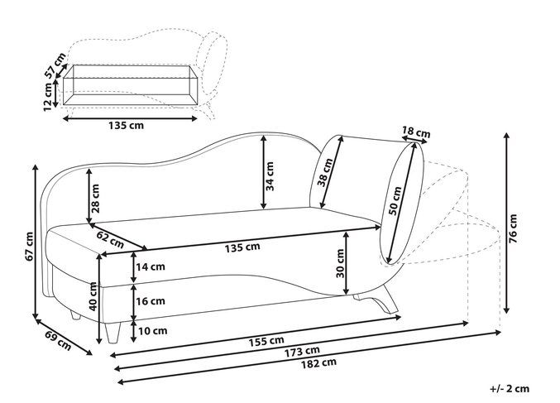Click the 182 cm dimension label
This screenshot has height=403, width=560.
coord(318,363)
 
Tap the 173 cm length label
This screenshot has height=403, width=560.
coord(302,352)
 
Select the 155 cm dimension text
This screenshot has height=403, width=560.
coord(266,341)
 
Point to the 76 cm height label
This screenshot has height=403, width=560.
coord(513,228)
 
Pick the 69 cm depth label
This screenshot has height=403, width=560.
coord(58,340)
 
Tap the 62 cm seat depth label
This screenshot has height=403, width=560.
coord(110,239)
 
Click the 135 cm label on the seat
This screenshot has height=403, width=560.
coord(242,247)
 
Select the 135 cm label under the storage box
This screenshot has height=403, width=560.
coord(126,125)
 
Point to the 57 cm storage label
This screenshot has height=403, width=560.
coord(55,65)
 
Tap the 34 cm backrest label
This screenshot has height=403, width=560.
coord(270,176)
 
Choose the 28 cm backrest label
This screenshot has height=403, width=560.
coord(95,199)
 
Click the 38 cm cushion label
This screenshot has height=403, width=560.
coord(325,172)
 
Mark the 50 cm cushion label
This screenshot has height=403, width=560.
coord(395,201)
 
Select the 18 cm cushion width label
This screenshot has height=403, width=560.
coord(416,132)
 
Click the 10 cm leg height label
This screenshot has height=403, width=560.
coord(152,331)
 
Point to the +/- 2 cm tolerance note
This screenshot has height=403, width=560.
coord(510,388)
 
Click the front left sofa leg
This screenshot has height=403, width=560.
coord(113,332)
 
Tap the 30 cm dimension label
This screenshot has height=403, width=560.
coord(340,263)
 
